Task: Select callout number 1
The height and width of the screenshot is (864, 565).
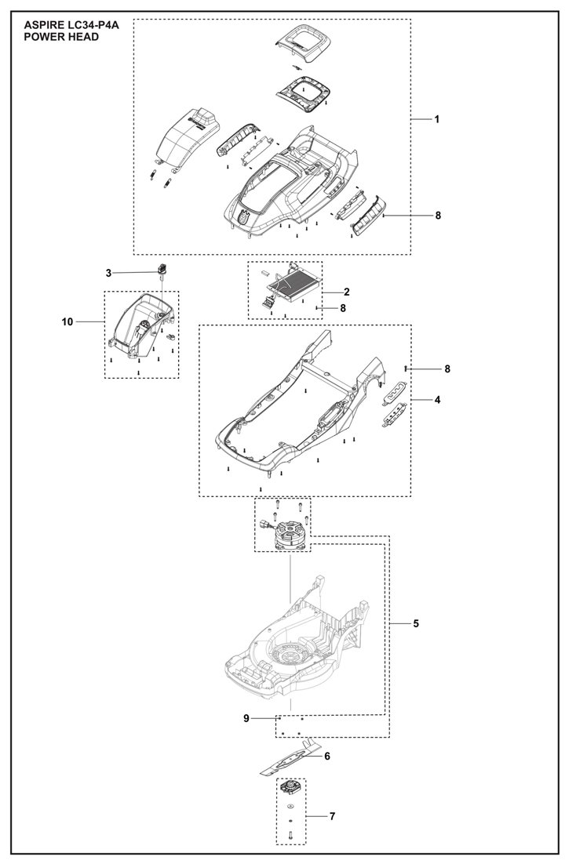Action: pyautogui.click(x=436, y=119)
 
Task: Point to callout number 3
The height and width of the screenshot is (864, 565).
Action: pyautogui.click(x=109, y=272)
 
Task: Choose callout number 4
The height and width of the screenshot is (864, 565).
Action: pyautogui.click(x=437, y=400)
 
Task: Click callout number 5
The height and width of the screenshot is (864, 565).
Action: pyautogui.click(x=416, y=623)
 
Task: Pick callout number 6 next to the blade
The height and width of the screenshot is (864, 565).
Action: pyautogui.click(x=326, y=756)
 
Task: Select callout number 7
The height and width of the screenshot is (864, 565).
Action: pyautogui.click(x=332, y=816)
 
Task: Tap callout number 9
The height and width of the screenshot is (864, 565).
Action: pyautogui.click(x=246, y=717)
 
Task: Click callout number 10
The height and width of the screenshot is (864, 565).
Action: pyautogui.click(x=67, y=321)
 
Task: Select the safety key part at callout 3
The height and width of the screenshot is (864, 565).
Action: pyautogui.click(x=163, y=270)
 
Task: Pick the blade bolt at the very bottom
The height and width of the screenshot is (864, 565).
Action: pyautogui.click(x=290, y=836)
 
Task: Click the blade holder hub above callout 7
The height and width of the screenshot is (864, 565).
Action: pyautogui.click(x=290, y=787)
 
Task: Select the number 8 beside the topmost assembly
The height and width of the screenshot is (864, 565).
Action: pyautogui.click(x=437, y=215)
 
